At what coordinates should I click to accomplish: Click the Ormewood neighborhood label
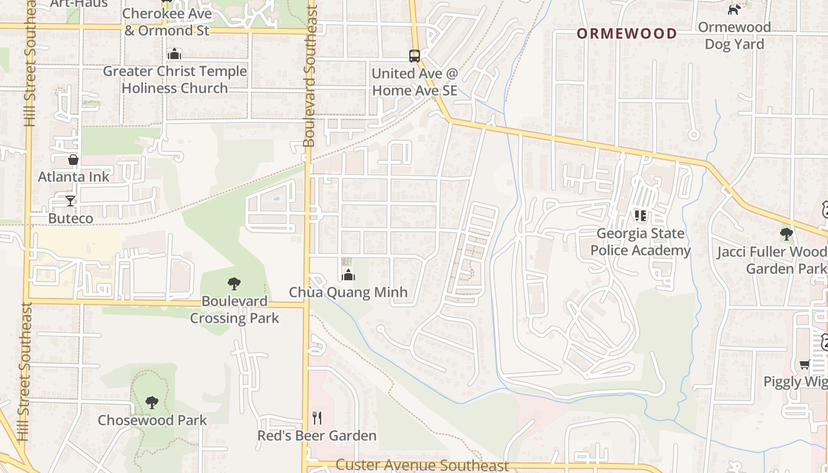[x=626, y=34]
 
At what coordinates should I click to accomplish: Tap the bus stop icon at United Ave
[x=415, y=56]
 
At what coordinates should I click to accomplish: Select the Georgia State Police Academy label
[x=641, y=242]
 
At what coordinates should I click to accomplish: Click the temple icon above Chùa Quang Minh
[x=348, y=275]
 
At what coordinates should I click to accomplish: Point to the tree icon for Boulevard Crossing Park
[x=234, y=284]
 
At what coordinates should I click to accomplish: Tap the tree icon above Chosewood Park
[x=152, y=403]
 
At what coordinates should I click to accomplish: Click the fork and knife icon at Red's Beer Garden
[x=317, y=418]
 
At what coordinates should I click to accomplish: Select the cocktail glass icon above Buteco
[x=70, y=201]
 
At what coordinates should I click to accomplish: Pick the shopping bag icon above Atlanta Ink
[x=73, y=160]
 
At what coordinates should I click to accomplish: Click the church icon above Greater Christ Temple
[x=174, y=54]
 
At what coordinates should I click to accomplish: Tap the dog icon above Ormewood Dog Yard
[x=734, y=9]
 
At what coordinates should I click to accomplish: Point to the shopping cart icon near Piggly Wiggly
[x=804, y=364]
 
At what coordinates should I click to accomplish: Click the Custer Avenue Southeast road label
[x=422, y=466]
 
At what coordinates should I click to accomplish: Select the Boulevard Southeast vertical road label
[x=309, y=77]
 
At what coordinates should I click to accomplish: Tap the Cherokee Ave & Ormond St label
[x=167, y=22]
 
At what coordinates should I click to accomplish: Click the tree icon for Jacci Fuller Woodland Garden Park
[x=786, y=234]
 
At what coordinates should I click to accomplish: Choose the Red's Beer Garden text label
[x=317, y=436]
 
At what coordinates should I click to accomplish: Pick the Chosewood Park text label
[x=153, y=420]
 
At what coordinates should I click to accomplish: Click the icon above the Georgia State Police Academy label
[x=641, y=216]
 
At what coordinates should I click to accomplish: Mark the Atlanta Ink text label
[x=74, y=177]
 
